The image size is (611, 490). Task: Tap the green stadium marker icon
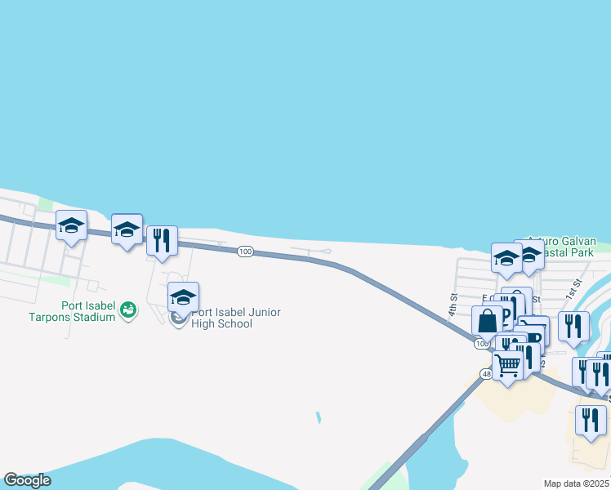click(127, 310)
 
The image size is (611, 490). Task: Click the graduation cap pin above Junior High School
click(183, 297)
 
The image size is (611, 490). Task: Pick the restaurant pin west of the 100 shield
click(162, 241)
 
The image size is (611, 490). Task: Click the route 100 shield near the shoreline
click(245, 252)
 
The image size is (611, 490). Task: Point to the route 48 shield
click(486, 374)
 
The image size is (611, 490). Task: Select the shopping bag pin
click(487, 321)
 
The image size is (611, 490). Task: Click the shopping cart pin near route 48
click(507, 367)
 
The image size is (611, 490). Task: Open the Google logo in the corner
click(26, 479)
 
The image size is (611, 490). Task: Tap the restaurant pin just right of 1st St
click(573, 327)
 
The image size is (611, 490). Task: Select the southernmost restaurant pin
click(589, 420)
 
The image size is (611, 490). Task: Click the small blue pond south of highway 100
click(318, 417)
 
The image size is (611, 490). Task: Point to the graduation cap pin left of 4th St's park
click(506, 258)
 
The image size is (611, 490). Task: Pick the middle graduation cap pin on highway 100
click(127, 229)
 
